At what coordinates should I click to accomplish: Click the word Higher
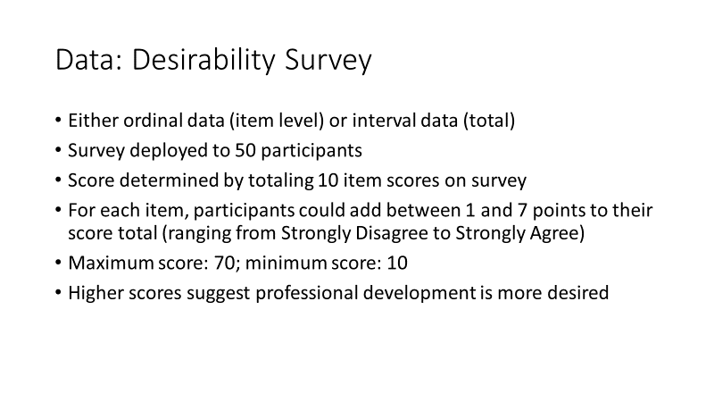[x=93, y=293]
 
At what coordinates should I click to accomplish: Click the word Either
[x=91, y=120]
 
